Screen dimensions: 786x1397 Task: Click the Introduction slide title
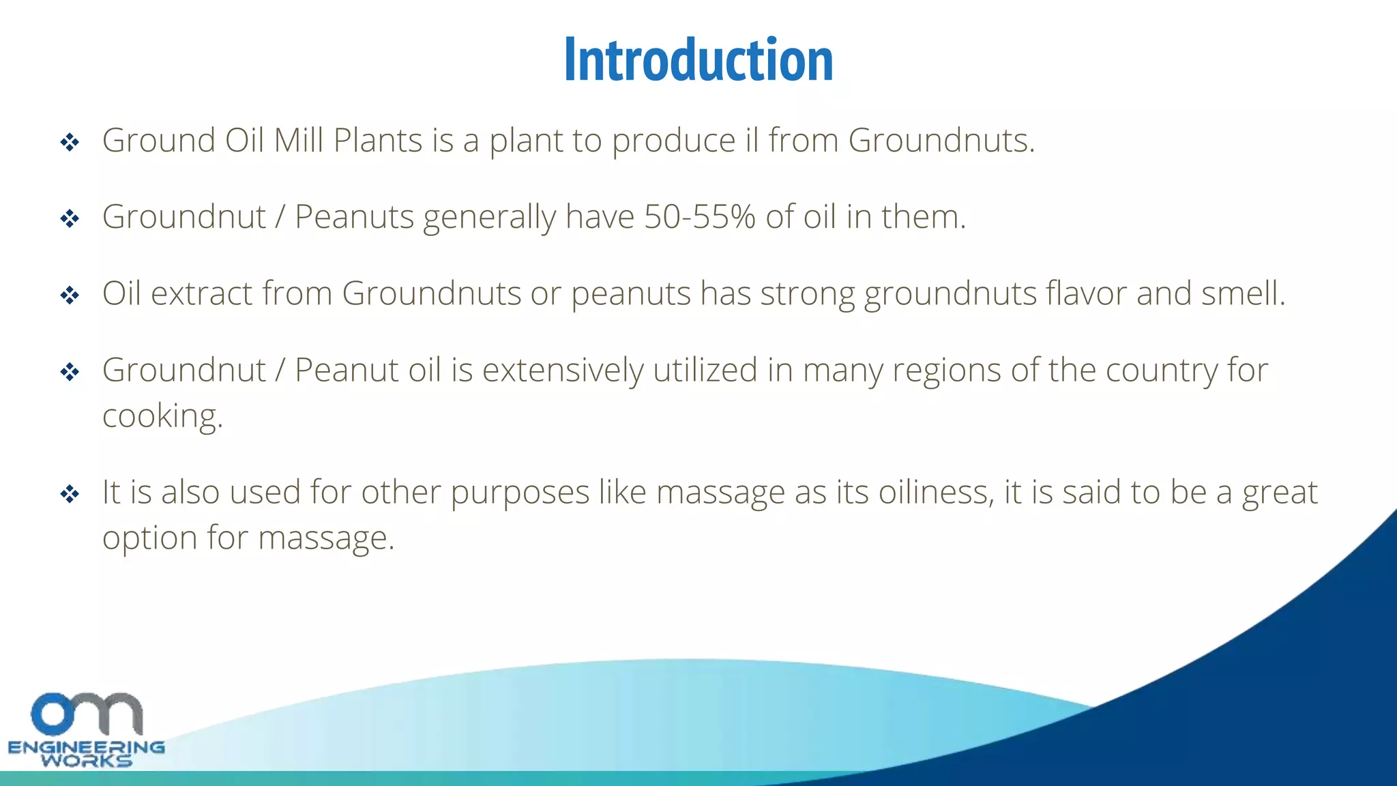point(698,60)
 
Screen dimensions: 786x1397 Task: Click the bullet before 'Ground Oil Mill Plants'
point(70,143)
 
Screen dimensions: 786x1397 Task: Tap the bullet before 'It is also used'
point(70,493)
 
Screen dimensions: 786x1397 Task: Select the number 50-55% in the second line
point(699,217)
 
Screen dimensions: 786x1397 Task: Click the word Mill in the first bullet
point(298,141)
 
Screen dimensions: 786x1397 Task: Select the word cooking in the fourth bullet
point(162,416)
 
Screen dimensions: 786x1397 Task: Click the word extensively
point(563,370)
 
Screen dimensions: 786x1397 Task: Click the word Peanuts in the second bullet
point(354,217)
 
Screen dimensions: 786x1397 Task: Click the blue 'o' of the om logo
point(52,714)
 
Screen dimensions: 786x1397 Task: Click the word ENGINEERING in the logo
point(86,747)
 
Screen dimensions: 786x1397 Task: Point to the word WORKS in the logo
point(86,761)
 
